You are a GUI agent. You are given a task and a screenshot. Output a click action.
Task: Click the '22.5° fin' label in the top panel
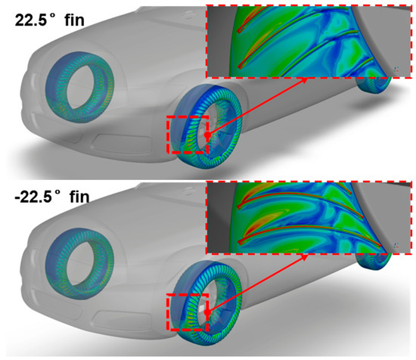[50, 20]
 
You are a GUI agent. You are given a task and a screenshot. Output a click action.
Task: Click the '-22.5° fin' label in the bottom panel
[52, 197]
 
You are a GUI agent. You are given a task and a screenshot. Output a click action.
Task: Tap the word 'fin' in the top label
[75, 20]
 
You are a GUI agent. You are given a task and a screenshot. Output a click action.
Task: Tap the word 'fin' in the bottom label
[79, 197]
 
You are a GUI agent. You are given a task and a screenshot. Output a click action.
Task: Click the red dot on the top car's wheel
[207, 135]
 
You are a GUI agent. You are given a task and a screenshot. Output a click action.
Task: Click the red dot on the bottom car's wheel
[207, 313]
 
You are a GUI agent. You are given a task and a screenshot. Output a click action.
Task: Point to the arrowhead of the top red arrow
[305, 80]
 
